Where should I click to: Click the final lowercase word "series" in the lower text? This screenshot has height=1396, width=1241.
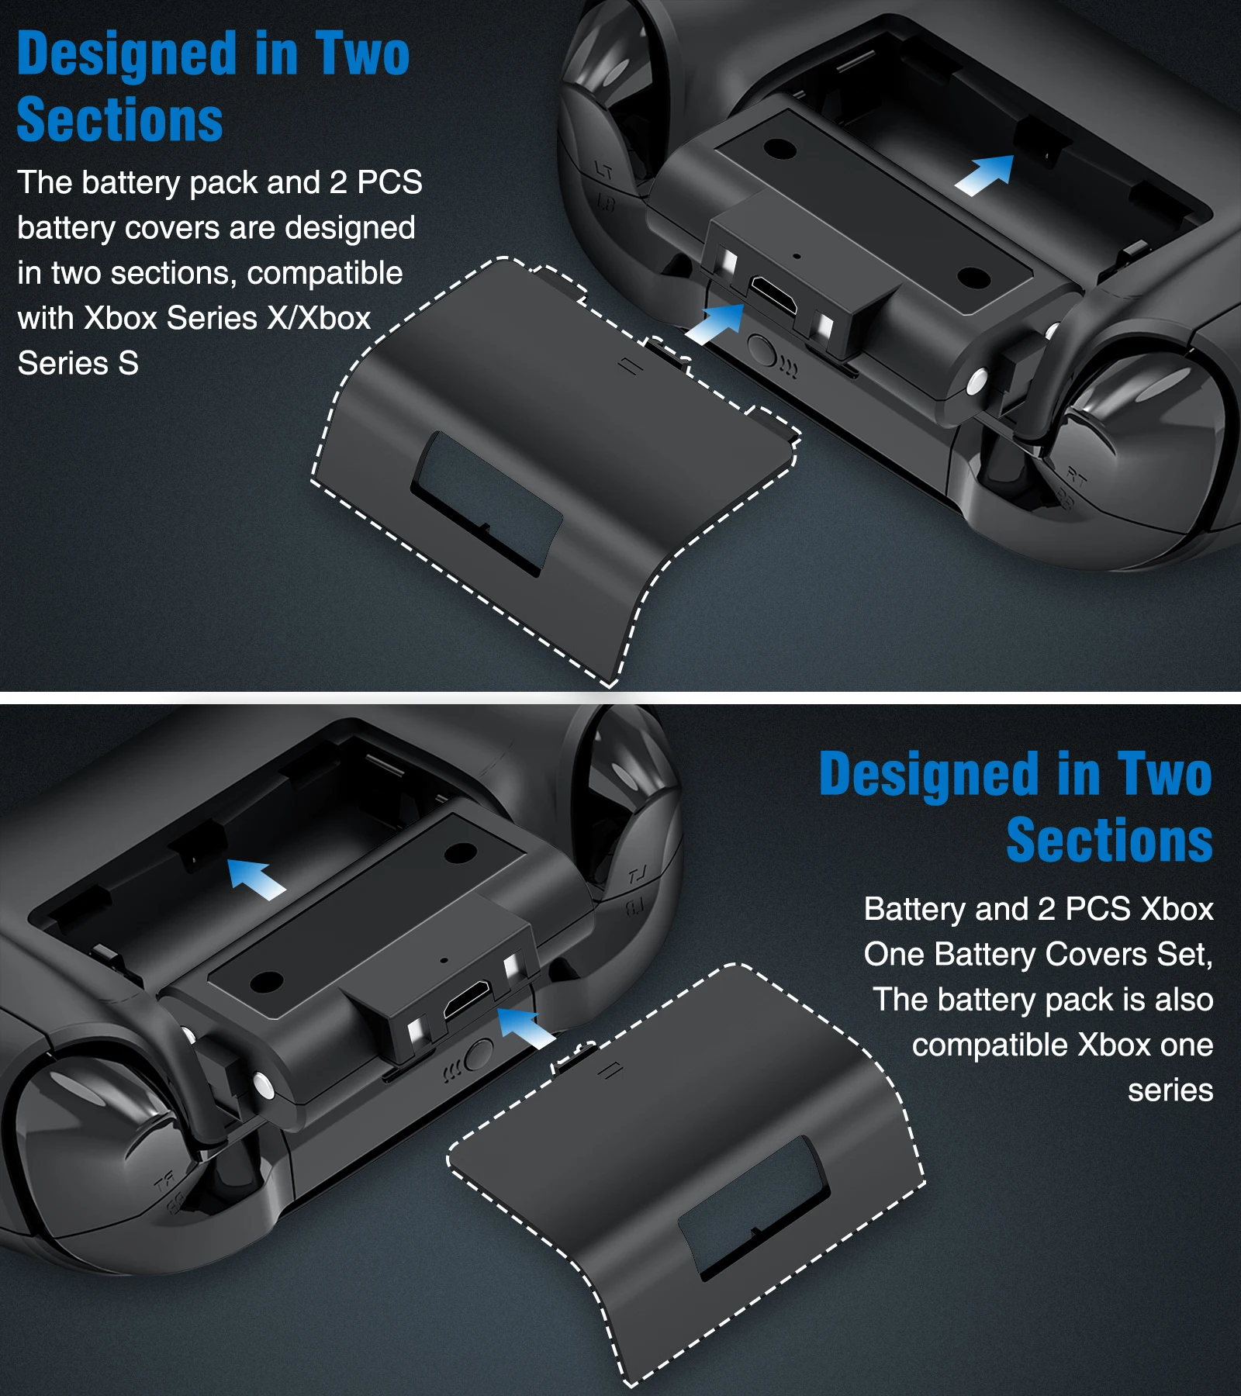coord(1170,1090)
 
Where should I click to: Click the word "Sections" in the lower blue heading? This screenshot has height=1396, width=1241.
coord(1109,840)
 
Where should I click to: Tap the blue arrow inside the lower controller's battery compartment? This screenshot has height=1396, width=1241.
coord(257,879)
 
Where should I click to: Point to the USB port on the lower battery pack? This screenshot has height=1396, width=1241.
coord(467,1000)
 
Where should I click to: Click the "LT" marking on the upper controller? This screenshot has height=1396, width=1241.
coord(603,170)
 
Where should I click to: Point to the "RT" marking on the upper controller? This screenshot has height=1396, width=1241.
coord(1077,476)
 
